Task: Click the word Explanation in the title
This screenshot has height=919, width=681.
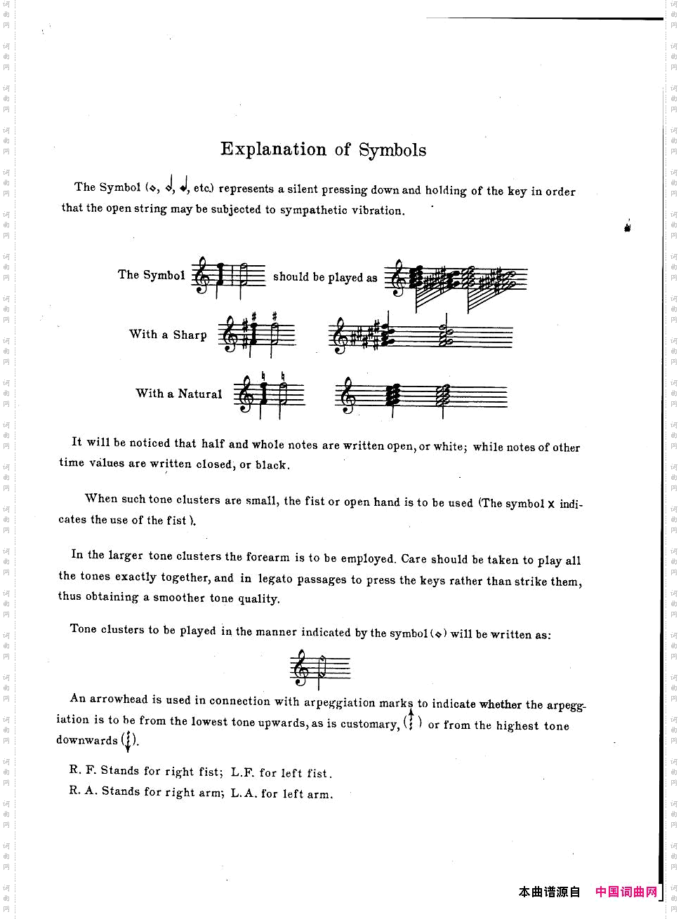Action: pos(273,149)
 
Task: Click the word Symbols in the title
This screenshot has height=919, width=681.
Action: pos(392,150)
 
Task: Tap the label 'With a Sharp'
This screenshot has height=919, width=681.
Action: pos(168,335)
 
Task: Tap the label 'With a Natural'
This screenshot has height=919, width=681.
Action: pos(179,394)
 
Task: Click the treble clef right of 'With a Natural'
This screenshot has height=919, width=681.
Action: pos(246,396)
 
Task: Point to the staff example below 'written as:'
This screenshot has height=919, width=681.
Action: pos(319,669)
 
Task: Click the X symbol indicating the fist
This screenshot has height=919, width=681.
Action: pos(551,504)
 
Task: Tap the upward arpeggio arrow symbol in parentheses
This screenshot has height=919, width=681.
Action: pos(411,720)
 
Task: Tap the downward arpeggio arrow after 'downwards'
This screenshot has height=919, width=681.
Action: pos(128,741)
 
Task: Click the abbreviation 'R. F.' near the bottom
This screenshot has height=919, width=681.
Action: pos(83,770)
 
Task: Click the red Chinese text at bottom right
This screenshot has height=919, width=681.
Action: pos(626,892)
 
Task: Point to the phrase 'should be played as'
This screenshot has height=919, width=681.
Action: pos(325,277)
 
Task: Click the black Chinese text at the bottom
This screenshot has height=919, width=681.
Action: pos(550,892)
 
